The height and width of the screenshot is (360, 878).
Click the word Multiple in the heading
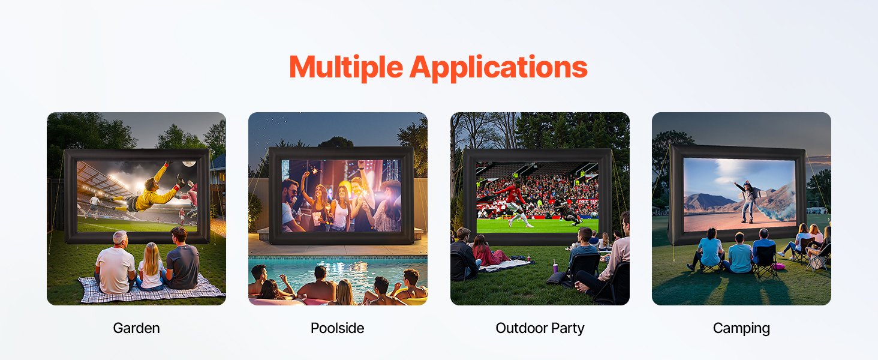[x=346, y=67]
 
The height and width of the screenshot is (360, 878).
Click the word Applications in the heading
[x=498, y=67]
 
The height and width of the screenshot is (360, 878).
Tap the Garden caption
[x=136, y=328]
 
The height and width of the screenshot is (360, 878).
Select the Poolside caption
[x=338, y=328]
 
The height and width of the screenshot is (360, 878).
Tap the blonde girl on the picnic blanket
[x=151, y=266]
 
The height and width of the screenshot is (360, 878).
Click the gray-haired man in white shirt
[x=115, y=263]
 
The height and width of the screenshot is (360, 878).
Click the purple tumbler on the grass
[x=555, y=268]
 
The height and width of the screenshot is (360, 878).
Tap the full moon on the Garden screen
[x=189, y=164]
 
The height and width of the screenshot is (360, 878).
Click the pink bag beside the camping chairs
[x=778, y=266]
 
